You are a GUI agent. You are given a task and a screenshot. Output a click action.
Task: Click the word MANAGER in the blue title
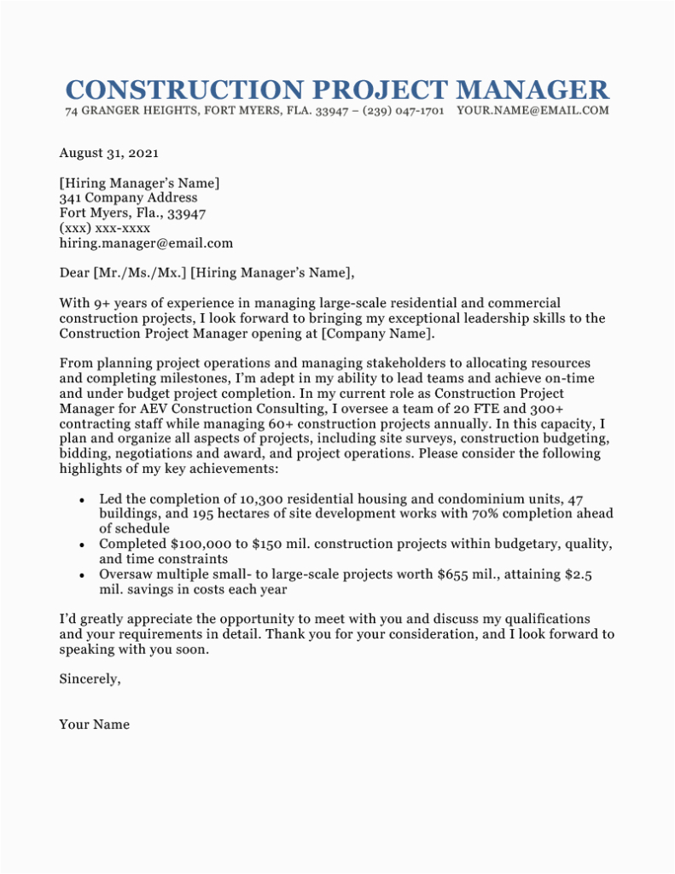[x=532, y=90]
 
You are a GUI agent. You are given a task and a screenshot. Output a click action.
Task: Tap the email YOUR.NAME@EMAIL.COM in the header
[x=532, y=111]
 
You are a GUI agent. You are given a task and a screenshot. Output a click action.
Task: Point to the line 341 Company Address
[x=128, y=197]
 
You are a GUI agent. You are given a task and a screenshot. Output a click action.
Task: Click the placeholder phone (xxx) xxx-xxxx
[x=105, y=228]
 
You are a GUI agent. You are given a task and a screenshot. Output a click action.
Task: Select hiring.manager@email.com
[x=146, y=243]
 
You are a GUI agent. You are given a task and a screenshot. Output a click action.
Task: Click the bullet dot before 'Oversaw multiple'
[x=81, y=576]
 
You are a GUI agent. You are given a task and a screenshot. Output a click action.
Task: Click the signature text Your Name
[x=94, y=725]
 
